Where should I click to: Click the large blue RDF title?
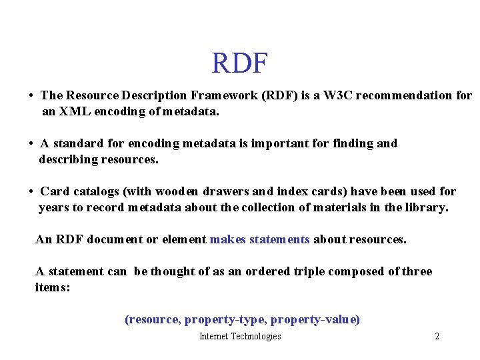point(239,64)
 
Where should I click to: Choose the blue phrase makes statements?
point(259,239)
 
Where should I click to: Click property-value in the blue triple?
point(315,319)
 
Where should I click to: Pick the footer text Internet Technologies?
point(240,336)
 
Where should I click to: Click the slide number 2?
point(437,336)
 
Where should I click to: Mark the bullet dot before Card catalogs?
point(31,192)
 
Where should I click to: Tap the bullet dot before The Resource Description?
point(31,96)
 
